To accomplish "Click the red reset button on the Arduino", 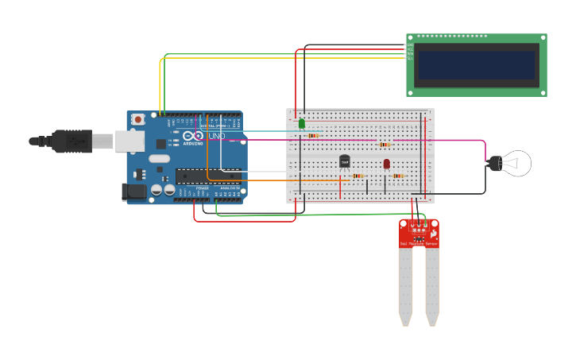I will (138, 119).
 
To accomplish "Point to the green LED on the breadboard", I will (302, 123).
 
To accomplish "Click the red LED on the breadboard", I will (387, 164).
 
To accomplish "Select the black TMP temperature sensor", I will (344, 161).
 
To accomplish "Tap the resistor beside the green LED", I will (314, 135).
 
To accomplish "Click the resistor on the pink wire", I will (385, 145).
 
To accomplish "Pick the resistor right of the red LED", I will (397, 176).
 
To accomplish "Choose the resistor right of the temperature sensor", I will (358, 176).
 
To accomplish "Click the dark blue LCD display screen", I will (477, 65).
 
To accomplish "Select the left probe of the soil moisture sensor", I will (406, 286).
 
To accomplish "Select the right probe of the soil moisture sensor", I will (431, 286).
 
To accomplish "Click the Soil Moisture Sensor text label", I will (418, 243).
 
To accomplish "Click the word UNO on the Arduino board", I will (216, 136).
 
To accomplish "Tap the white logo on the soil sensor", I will (433, 235).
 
